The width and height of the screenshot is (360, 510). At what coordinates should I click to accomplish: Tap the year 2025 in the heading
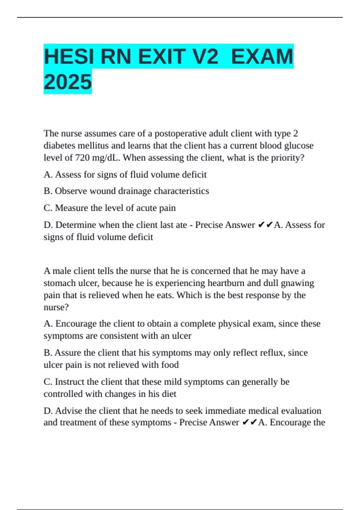click(68, 82)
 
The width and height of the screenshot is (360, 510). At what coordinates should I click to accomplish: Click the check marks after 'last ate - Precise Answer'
click(265, 225)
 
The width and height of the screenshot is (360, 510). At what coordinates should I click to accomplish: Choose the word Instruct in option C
click(70, 382)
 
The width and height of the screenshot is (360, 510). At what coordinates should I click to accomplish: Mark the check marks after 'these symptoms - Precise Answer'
click(250, 422)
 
